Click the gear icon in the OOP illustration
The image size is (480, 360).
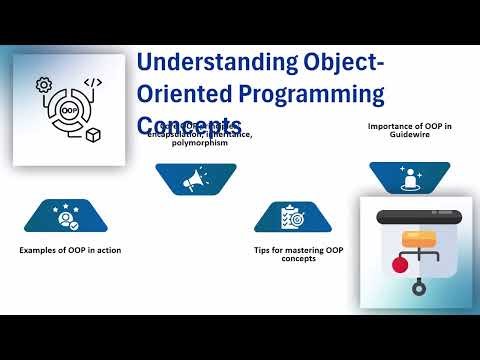[44, 85]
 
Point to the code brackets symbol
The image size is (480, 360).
[92, 84]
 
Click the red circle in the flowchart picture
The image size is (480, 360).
[400, 266]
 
